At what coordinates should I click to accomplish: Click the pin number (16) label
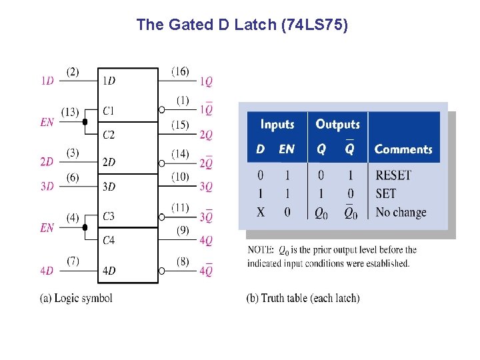[180, 71]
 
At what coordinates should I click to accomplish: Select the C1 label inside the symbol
[109, 111]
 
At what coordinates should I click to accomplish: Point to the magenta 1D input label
[47, 81]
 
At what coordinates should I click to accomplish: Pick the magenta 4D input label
[47, 271]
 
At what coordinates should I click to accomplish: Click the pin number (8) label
[182, 261]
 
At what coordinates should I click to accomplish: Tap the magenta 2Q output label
[206, 135]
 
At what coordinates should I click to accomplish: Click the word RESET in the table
[393, 175]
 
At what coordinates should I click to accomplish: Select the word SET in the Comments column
[386, 194]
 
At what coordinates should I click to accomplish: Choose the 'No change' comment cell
[401, 213]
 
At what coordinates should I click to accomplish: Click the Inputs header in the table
[277, 125]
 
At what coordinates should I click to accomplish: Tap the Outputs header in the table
[337, 125]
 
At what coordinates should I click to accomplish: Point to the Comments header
[403, 149]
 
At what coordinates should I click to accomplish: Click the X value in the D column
[260, 213]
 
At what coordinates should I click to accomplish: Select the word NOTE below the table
[260, 250]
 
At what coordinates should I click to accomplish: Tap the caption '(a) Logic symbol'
[77, 298]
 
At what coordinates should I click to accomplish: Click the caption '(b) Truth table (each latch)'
[303, 298]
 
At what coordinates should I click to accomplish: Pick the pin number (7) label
[73, 261]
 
